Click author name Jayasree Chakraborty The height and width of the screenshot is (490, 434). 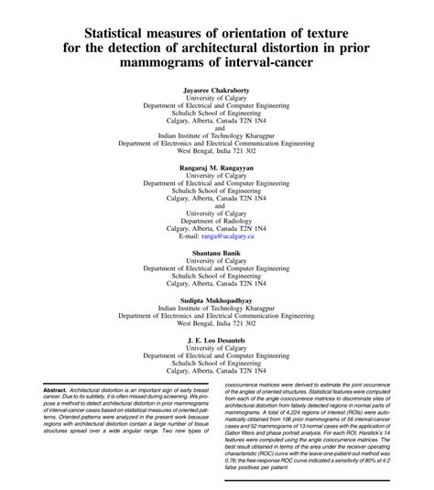click(x=217, y=93)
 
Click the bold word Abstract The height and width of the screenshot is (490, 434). click(x=66, y=390)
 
